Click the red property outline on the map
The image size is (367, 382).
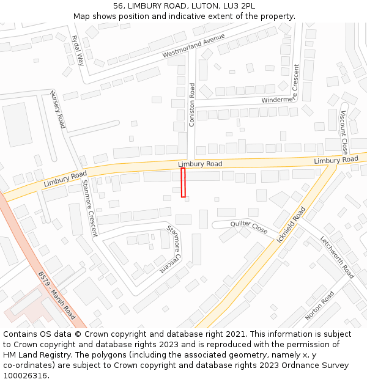click(183, 183)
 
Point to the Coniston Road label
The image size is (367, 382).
click(192, 105)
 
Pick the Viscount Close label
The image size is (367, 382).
click(343, 132)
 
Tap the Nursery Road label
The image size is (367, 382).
click(57, 110)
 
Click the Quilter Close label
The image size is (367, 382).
click(249, 227)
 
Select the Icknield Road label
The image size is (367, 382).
click(291, 225)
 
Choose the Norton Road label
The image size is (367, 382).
click(320, 306)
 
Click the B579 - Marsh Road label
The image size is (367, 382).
click(56, 296)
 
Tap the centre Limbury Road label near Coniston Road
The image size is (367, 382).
click(200, 164)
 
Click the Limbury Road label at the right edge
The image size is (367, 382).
click(336, 160)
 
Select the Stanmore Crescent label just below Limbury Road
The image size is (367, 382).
click(89, 208)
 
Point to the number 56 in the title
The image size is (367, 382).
click(118, 6)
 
